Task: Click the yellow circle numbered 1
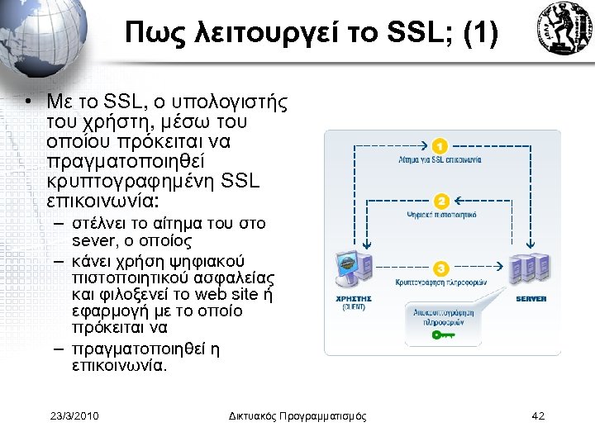click(441, 146)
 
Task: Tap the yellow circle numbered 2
click(441, 202)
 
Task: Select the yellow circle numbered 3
click(441, 269)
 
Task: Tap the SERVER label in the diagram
click(531, 298)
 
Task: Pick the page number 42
click(538, 415)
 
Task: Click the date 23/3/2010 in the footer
click(74, 415)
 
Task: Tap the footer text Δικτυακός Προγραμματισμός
click(297, 415)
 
